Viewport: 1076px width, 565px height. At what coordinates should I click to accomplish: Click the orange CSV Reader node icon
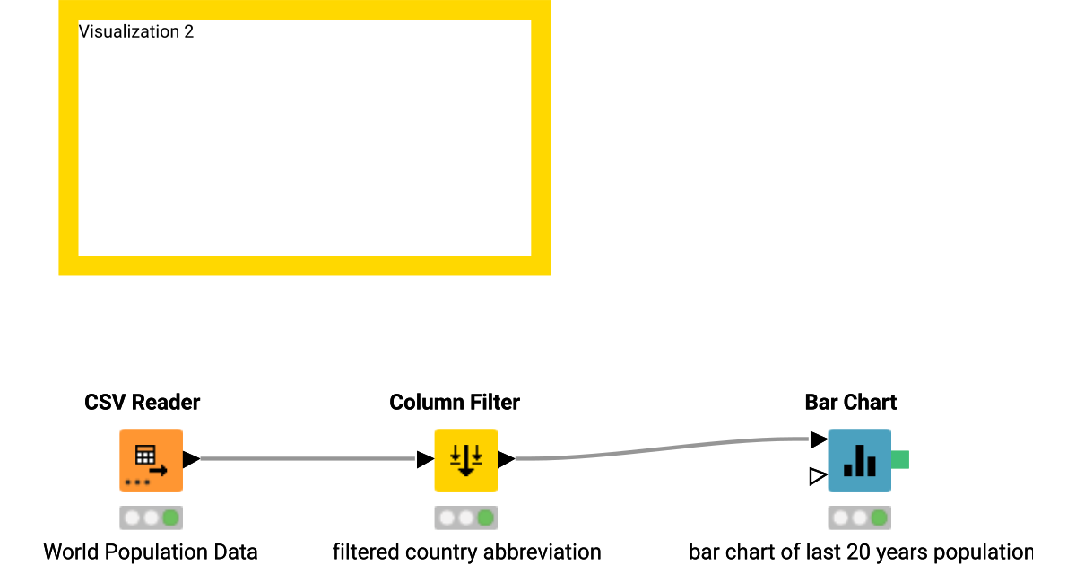click(x=151, y=460)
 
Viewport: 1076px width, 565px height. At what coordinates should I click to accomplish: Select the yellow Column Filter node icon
click(x=465, y=460)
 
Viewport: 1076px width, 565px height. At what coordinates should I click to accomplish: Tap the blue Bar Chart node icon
click(x=859, y=460)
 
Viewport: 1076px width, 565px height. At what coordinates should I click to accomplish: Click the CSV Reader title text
click(x=143, y=403)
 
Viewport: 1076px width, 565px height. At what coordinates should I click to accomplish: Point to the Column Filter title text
click(x=455, y=403)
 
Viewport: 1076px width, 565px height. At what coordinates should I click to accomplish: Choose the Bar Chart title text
click(x=851, y=403)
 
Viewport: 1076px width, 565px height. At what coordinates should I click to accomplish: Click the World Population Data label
click(x=151, y=552)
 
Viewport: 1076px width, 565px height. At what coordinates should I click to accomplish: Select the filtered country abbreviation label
click(x=466, y=552)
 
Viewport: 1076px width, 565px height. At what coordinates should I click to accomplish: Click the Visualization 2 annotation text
click(x=136, y=32)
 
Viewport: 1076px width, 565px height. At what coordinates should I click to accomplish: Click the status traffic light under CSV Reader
click(x=151, y=517)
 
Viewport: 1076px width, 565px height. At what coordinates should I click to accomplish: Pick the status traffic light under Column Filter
click(x=465, y=517)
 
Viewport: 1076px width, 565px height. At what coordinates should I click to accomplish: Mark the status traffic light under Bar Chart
click(x=859, y=517)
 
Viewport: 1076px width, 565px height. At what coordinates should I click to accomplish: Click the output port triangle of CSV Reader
click(x=190, y=459)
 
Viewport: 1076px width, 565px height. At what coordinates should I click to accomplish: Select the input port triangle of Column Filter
click(x=425, y=459)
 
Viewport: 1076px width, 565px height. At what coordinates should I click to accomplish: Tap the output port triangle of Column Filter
click(x=506, y=459)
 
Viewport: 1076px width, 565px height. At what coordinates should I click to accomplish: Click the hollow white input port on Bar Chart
click(x=817, y=476)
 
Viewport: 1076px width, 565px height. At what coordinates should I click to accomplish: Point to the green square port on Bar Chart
click(x=900, y=459)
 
